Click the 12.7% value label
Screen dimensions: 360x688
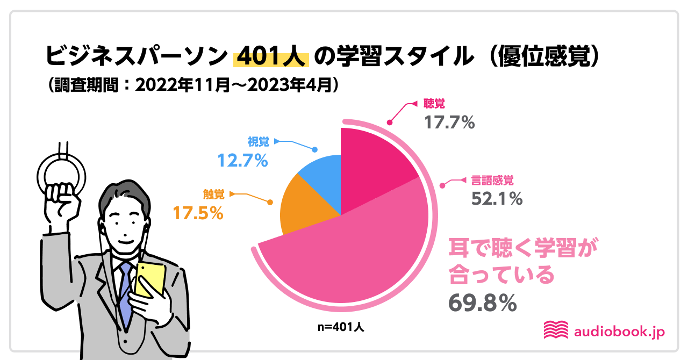[x=242, y=160]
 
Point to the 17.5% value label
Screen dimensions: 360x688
[x=198, y=213]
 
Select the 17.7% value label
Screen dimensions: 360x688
[x=450, y=123]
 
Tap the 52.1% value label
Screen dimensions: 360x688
[x=497, y=199]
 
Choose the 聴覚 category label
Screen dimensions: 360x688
[x=434, y=104]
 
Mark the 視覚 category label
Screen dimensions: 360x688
[x=258, y=142]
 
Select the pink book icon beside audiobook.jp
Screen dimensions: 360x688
[x=556, y=330]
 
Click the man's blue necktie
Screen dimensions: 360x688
[x=125, y=293]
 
